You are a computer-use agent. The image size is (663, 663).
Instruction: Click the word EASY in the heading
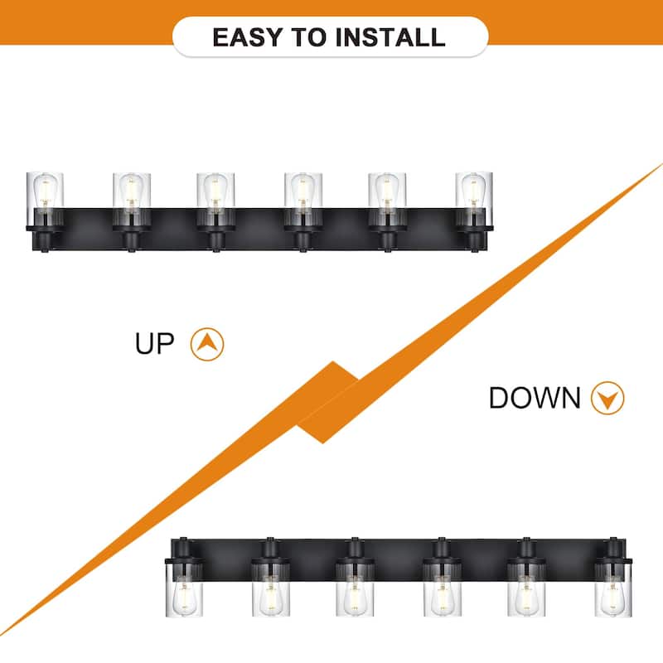247,37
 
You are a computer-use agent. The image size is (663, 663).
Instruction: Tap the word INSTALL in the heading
390,37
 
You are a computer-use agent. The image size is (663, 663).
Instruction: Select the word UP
154,343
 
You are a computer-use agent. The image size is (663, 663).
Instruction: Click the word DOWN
535,398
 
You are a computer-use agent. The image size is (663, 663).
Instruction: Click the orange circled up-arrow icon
207,344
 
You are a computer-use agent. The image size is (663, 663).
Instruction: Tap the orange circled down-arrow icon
607,398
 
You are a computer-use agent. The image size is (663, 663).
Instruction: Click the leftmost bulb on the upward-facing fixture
46,191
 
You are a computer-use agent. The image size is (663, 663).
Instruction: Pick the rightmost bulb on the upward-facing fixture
474,191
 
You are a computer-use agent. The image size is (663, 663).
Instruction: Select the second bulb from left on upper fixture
131,191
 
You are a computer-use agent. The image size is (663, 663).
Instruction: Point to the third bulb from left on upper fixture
215,191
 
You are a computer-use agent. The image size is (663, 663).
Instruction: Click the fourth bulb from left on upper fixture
302,191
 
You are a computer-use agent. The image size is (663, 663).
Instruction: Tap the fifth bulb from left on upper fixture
387,191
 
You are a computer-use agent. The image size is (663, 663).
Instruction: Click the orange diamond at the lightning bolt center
327,402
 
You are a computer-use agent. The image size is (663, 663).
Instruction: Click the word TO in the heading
309,37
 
